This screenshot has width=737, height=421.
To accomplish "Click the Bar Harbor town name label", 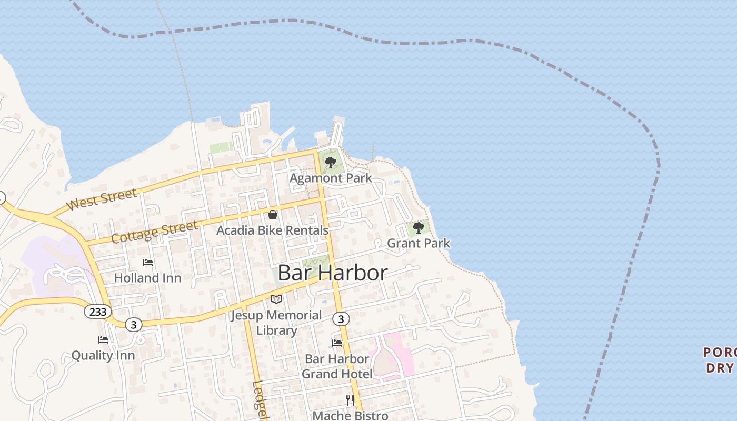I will [332, 273].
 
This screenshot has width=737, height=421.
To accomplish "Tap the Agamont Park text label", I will [331, 178].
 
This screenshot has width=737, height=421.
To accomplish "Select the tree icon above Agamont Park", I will [331, 163].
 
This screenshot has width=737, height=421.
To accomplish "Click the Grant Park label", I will [419, 243].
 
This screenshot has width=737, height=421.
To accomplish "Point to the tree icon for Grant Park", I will [419, 228].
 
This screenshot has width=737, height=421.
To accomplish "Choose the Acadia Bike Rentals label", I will [273, 230].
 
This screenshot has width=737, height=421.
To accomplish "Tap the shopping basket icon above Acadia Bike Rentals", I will [273, 215].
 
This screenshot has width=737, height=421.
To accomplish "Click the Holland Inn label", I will [147, 278].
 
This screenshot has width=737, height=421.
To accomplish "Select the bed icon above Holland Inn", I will [148, 263].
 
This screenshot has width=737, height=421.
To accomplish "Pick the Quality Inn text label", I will [103, 355].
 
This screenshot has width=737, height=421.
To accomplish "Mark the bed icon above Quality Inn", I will [103, 340].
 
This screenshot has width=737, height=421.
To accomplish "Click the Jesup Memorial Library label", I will [276, 323].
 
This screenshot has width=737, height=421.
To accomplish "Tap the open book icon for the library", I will [276, 299].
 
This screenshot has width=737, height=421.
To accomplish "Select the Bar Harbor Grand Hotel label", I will [337, 366].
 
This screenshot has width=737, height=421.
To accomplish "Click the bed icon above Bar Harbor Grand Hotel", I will [337, 343].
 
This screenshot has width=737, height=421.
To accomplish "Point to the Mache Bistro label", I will [350, 415].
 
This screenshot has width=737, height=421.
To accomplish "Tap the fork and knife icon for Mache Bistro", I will [350, 400].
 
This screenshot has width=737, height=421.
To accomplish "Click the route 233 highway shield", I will [98, 312].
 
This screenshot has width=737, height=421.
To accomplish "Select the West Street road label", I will [102, 199].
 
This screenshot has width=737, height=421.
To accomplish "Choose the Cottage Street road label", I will [155, 232].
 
